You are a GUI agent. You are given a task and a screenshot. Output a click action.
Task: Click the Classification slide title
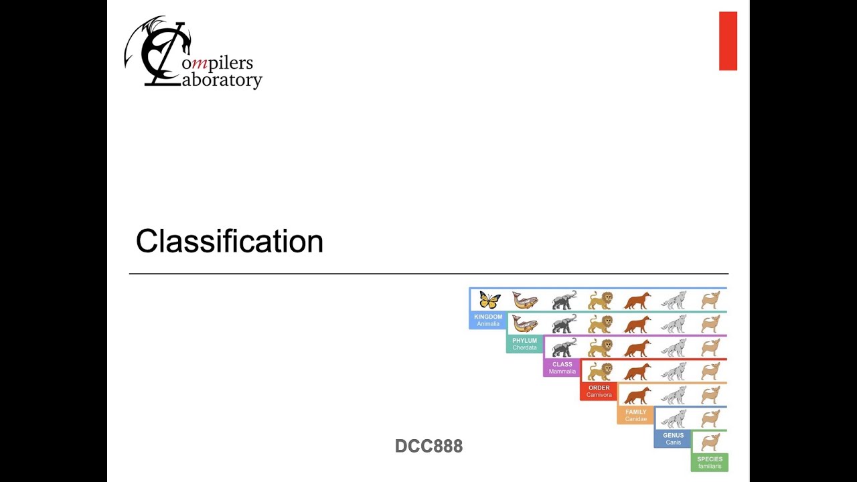click(x=230, y=242)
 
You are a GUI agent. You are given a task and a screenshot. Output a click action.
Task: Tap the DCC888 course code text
click(x=428, y=446)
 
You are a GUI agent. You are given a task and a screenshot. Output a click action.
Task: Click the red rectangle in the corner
click(x=728, y=41)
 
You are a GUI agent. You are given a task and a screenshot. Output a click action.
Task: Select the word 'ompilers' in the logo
click(x=218, y=64)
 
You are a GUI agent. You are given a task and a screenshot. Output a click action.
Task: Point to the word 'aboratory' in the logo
click(x=222, y=80)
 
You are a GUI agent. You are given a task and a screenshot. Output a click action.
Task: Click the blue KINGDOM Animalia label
click(x=488, y=320)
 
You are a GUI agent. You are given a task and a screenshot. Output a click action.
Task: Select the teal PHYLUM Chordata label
click(x=524, y=344)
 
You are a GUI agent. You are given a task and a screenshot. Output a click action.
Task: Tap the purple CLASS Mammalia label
click(x=562, y=368)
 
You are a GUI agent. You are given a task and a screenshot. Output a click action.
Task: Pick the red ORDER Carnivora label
click(x=599, y=391)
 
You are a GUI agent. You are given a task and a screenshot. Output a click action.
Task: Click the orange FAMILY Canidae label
click(x=636, y=415)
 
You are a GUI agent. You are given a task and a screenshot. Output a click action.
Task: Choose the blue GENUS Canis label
click(x=673, y=438)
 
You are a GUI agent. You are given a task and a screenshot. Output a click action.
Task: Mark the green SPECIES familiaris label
click(x=710, y=463)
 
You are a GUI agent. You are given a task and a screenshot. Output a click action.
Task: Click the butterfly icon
click(x=489, y=299)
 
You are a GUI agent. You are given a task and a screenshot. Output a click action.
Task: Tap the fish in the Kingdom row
click(x=526, y=301)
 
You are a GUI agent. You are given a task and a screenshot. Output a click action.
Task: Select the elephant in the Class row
click(x=564, y=347)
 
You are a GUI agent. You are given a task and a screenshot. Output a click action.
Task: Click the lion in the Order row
click(x=601, y=372)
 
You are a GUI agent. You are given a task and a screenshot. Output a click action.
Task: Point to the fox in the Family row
click(x=637, y=396)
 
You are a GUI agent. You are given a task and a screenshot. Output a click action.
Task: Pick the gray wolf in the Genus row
click(x=674, y=419)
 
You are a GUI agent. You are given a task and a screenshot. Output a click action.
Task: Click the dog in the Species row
click(x=710, y=443)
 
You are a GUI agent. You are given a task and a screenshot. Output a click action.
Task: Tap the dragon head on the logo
click(x=186, y=44)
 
